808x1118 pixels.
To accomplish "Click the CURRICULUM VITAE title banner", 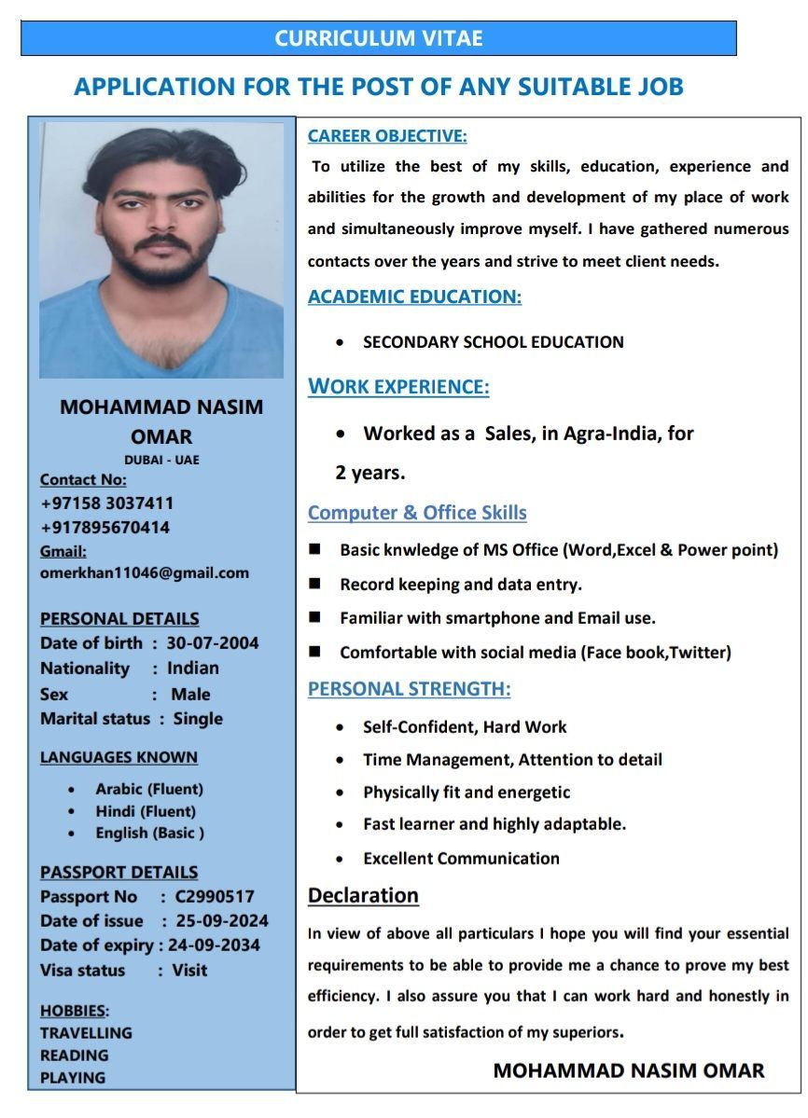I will (379, 39).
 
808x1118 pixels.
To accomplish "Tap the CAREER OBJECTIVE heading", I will (387, 136).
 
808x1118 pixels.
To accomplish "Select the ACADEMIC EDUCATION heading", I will (414, 297).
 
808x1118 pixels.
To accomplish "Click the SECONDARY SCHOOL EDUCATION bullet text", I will (493, 342).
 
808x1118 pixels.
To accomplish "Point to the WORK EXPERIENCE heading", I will (398, 387).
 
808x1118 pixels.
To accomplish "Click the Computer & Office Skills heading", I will (417, 513).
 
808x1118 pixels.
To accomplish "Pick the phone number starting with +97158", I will (106, 504).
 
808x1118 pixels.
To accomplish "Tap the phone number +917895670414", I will (104, 528).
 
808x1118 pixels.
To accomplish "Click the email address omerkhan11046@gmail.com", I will (145, 573).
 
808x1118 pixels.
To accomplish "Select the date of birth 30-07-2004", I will (213, 643).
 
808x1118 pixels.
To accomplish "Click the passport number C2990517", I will (207, 897).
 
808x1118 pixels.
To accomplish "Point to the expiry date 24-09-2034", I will (214, 945).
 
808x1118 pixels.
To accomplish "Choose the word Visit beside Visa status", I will (189, 971).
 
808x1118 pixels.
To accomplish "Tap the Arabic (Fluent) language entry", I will (148, 789).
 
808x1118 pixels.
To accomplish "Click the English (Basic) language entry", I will (149, 834).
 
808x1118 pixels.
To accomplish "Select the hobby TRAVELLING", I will (86, 1033).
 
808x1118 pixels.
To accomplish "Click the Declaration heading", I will (363, 896).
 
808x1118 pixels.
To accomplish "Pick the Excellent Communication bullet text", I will (461, 859).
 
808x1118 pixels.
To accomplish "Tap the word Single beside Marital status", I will (198, 719).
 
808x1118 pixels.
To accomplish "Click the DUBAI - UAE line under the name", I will (161, 460).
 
